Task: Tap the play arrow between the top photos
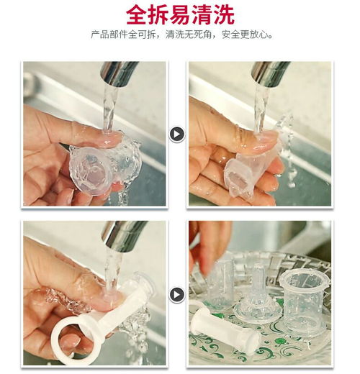177,134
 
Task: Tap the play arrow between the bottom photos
177,294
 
